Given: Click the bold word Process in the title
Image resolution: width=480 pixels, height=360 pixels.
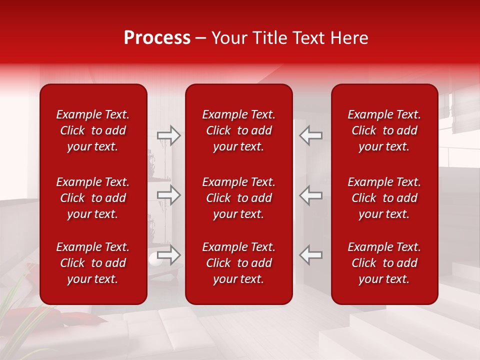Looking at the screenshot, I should (157, 38).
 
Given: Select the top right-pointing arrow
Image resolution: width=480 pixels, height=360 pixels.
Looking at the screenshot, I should (169, 135).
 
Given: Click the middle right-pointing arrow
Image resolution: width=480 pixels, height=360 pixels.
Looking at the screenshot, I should (169, 195).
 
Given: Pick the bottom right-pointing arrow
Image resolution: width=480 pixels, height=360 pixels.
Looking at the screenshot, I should (169, 255).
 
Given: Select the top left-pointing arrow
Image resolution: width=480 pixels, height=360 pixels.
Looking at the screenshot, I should (311, 135).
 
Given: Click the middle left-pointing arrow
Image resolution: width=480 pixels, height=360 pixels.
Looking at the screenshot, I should (311, 195).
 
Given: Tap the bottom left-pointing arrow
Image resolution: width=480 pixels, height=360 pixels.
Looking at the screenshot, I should (311, 255).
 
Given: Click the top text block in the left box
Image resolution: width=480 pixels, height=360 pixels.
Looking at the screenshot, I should (93, 130).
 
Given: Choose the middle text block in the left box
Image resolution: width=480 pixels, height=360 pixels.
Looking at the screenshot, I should (93, 198).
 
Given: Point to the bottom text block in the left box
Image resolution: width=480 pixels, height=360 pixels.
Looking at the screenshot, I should (93, 263).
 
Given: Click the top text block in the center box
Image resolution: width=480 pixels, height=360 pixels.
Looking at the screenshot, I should (239, 130).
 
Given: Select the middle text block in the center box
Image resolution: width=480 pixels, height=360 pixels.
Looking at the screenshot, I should (239, 198).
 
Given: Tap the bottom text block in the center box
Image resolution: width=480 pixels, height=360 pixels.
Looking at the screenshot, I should (239, 263).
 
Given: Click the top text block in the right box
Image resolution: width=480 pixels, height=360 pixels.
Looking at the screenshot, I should (384, 130).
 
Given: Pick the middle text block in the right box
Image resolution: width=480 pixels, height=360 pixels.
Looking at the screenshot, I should (384, 198).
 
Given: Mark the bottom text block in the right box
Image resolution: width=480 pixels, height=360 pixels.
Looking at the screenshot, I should (384, 263).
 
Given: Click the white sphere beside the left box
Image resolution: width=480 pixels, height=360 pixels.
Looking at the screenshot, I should (153, 258).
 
